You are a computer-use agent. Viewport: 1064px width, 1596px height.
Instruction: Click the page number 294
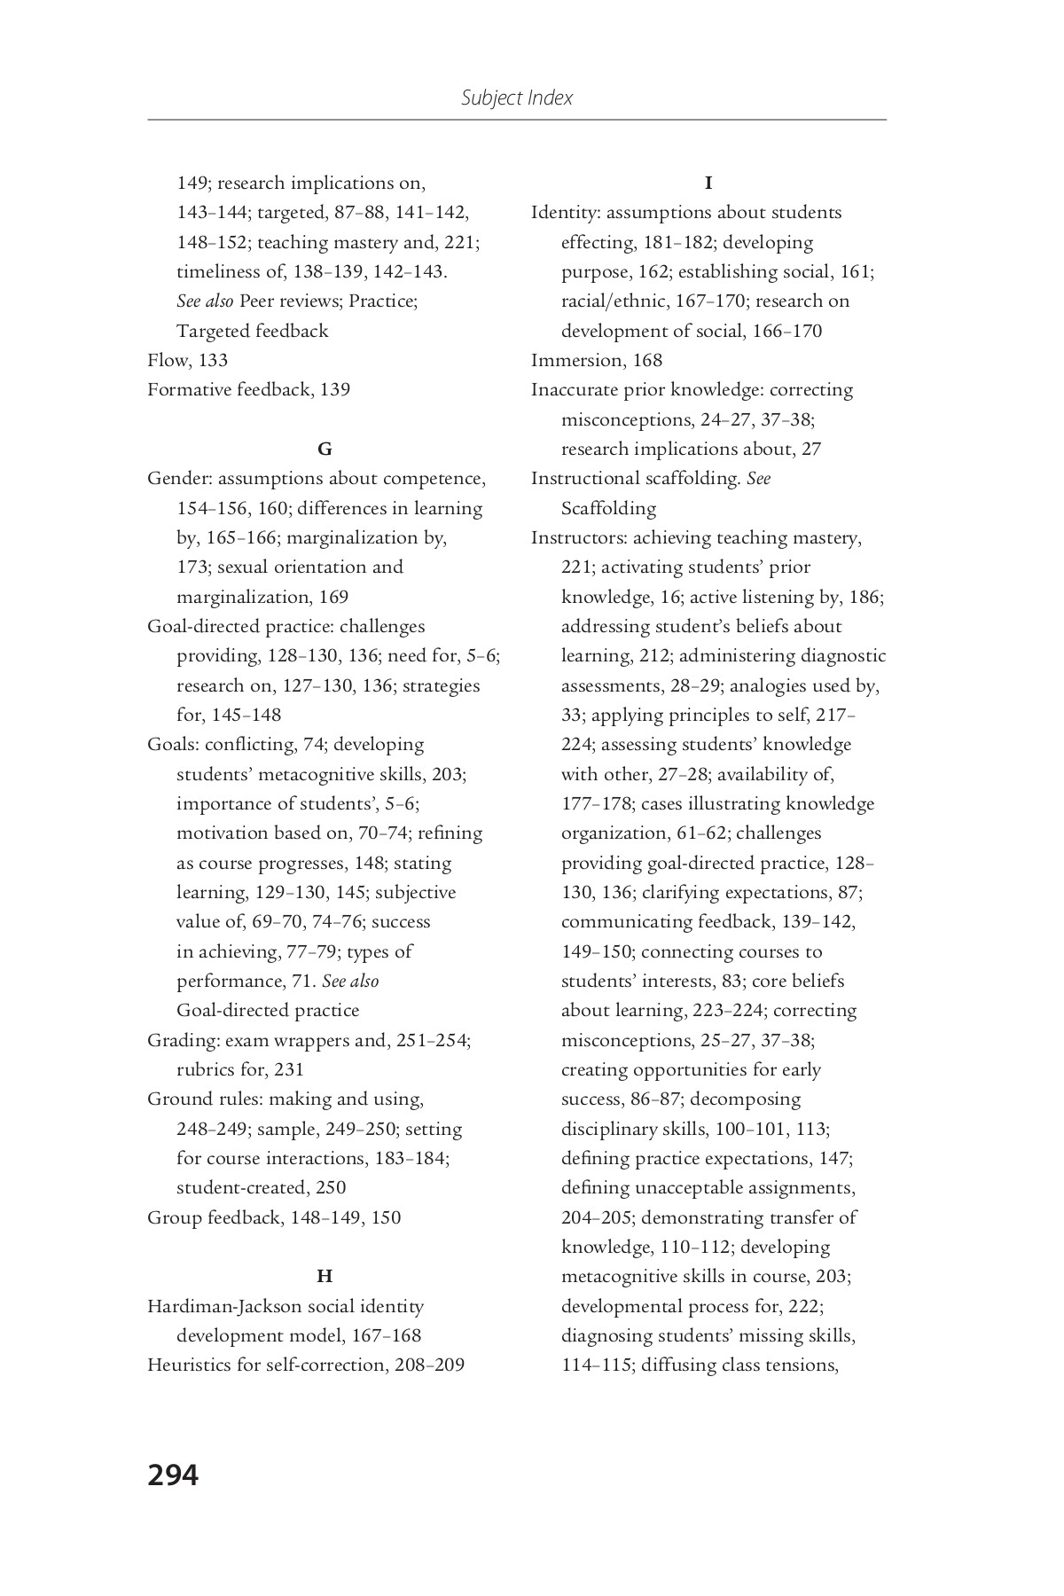(x=173, y=1475)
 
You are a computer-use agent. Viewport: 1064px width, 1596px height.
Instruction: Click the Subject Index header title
(x=517, y=98)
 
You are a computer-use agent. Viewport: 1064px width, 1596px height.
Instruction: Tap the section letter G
(x=325, y=450)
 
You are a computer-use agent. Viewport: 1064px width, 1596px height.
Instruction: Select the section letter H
(x=325, y=1277)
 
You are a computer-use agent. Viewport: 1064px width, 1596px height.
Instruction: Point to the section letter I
(x=708, y=184)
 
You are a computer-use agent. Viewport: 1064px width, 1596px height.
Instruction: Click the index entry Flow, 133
(x=187, y=360)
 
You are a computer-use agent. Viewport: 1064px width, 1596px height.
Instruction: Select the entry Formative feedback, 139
(x=248, y=390)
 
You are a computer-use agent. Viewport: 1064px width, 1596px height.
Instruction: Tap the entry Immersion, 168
(x=596, y=360)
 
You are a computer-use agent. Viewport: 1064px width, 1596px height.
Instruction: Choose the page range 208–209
(x=430, y=1365)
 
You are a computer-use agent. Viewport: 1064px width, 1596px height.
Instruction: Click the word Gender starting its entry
(x=177, y=479)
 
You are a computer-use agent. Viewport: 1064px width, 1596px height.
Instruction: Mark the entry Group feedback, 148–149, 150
(x=274, y=1217)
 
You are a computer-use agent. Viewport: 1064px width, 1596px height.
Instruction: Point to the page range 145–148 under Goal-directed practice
(x=246, y=715)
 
